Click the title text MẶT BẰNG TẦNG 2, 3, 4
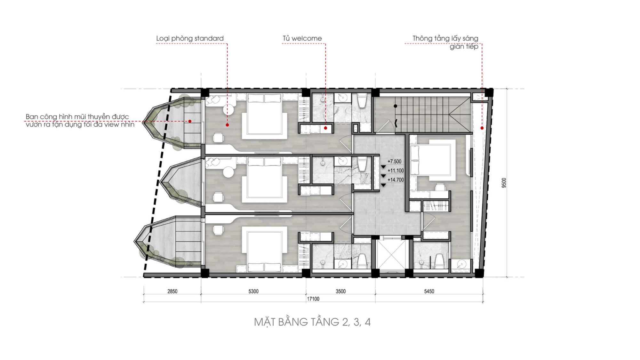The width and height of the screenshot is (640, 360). tap(312, 322)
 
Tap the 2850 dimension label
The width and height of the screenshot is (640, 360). tap(172, 291)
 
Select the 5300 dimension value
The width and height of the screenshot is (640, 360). tap(253, 291)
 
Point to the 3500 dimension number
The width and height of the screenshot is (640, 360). tap(340, 291)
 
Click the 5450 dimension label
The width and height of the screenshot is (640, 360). tap(429, 291)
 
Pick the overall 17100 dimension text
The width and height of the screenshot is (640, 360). tap(313, 299)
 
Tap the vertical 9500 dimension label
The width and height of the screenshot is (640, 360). tap(504, 183)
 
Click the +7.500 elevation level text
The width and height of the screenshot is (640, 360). tap(394, 162)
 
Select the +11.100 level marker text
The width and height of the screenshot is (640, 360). tap(396, 171)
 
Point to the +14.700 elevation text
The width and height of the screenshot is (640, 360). tap(396, 180)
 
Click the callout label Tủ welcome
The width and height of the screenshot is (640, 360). tap(302, 38)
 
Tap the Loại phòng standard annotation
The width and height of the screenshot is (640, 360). tap(190, 38)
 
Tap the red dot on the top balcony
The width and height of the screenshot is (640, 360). tap(190, 121)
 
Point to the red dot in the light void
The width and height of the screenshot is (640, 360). tap(482, 128)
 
